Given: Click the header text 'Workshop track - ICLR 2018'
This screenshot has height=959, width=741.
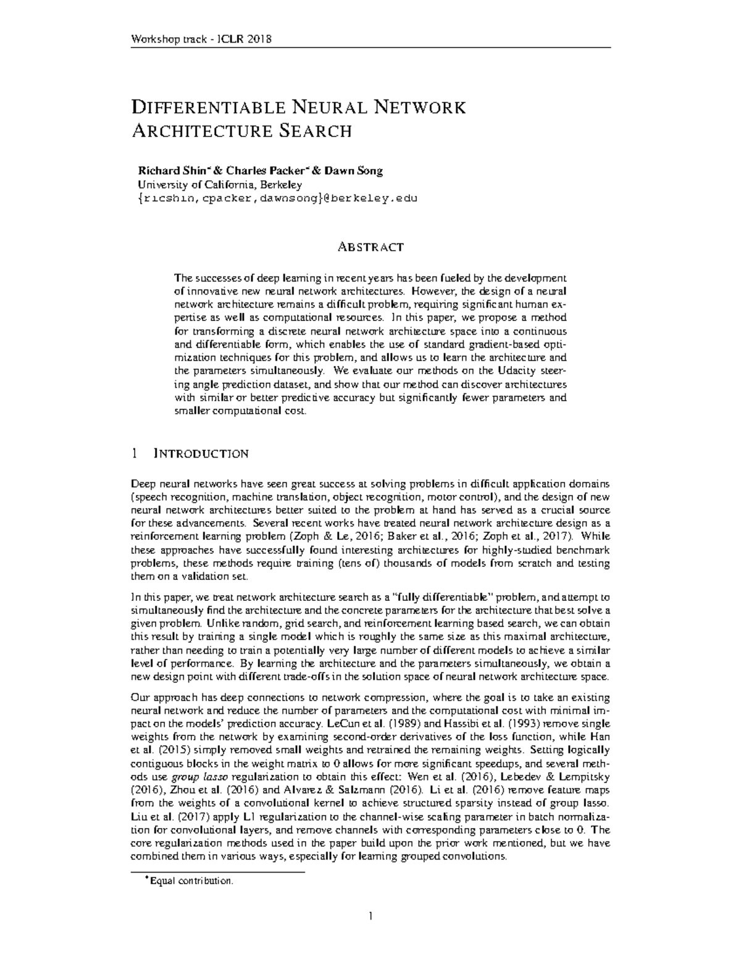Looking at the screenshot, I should (202, 40).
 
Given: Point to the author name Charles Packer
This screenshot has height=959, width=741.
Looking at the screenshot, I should (266, 171).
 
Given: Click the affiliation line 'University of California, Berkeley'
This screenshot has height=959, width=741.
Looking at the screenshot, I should (220, 185).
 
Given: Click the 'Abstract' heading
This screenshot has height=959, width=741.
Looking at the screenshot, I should (370, 247).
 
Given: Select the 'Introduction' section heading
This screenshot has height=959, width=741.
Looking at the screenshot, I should (200, 454).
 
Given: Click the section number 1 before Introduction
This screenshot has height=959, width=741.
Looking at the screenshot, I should (135, 454).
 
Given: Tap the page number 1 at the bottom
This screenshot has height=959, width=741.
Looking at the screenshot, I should (371, 916).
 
